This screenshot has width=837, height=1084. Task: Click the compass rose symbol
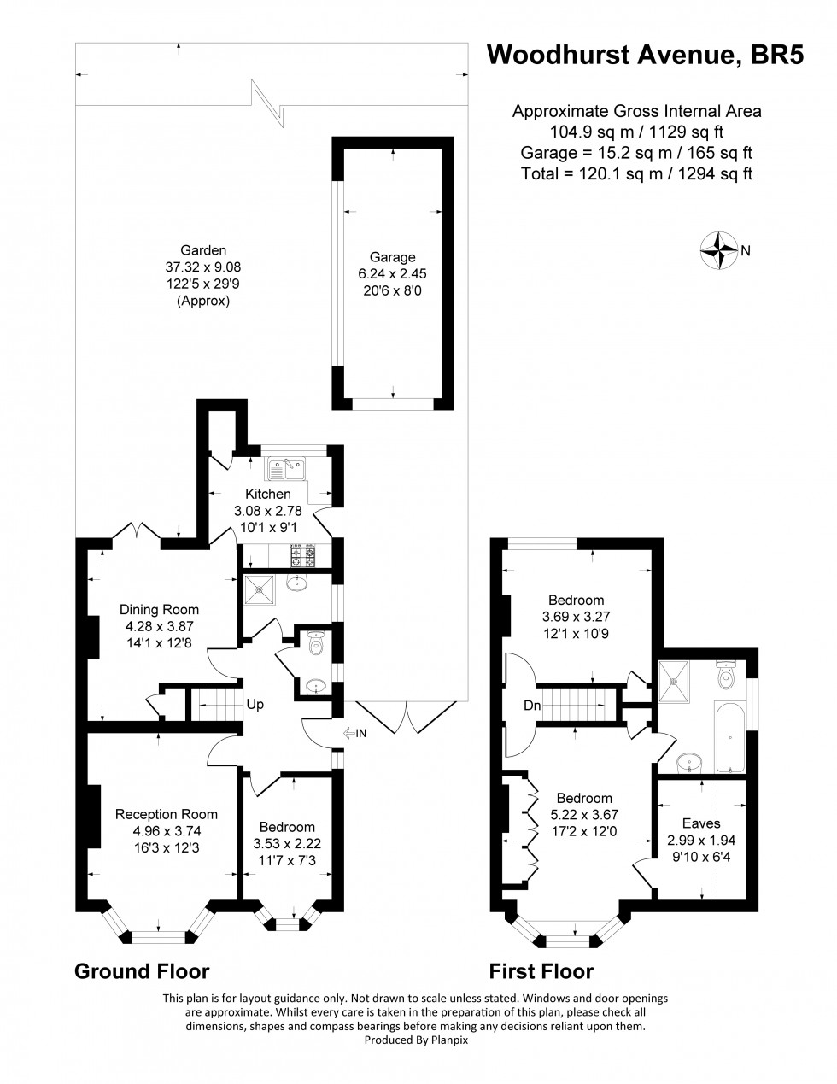click(x=719, y=250)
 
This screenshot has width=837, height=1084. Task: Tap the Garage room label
click(x=392, y=257)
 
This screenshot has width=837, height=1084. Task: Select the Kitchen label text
click(x=268, y=494)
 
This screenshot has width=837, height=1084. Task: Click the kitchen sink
click(x=286, y=469)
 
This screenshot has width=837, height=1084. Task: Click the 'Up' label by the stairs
click(x=255, y=705)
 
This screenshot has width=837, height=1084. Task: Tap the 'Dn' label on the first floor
click(x=532, y=706)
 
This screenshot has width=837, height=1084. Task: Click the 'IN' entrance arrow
click(x=354, y=733)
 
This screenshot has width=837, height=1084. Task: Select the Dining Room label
click(x=159, y=609)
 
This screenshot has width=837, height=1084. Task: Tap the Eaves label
click(x=701, y=823)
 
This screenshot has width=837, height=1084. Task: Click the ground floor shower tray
click(x=259, y=589)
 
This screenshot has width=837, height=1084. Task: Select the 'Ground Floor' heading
click(x=142, y=971)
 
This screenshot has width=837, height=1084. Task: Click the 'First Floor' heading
click(x=541, y=971)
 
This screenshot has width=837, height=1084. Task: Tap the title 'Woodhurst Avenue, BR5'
click(x=646, y=55)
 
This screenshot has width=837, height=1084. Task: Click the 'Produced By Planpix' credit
click(x=417, y=1040)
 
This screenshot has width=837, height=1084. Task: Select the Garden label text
click(x=203, y=250)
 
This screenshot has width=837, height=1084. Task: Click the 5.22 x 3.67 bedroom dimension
click(x=583, y=815)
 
